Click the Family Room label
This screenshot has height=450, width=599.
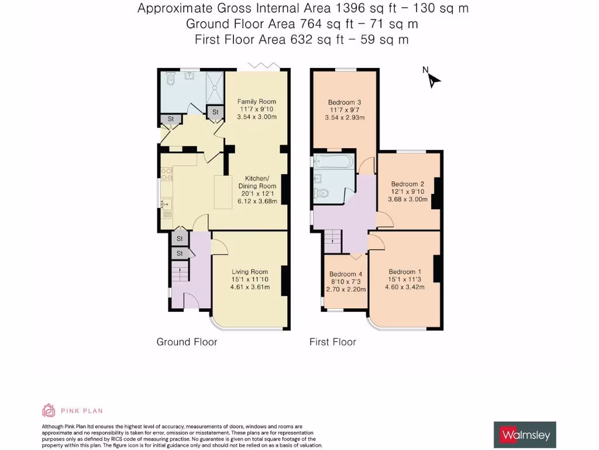coord(256,102)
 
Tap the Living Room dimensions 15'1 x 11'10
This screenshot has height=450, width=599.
coord(250,279)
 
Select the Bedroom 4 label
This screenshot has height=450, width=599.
coord(346,274)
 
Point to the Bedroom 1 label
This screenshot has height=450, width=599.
coord(405,272)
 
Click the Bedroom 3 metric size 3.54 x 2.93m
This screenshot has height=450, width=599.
coord(345,117)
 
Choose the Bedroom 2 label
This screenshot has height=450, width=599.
coord(408,184)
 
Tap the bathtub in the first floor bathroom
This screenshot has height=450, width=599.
coord(333,161)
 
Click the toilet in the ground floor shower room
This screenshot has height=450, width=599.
coord(171,79)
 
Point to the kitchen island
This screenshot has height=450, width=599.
coord(223,192)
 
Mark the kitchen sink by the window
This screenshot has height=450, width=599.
coord(166,203)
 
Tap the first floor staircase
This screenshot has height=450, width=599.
coord(332,237)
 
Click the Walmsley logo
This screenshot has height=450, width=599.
coord(525,435)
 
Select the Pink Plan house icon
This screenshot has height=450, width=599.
coord(49,410)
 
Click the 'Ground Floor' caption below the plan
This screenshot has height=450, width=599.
coord(187,342)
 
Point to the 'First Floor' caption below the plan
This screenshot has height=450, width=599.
coord(332,342)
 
